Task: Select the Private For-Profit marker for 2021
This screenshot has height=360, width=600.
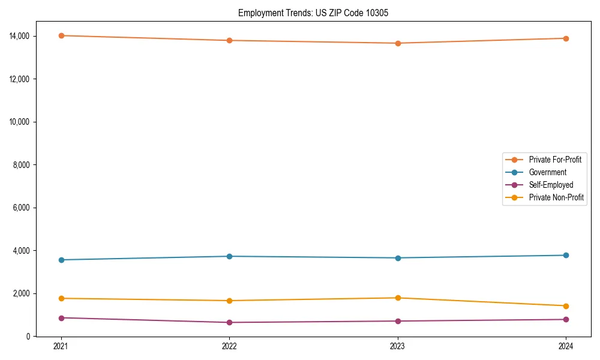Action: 61,35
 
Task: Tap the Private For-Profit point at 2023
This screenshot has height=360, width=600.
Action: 397,43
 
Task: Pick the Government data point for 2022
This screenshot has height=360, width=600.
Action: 229,256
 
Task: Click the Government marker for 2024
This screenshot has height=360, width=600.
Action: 566,256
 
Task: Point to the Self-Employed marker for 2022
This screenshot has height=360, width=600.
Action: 229,322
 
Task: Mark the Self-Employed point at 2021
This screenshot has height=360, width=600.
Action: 61,318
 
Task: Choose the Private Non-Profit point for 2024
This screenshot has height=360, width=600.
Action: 566,306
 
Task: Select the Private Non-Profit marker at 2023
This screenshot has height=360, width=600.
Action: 397,298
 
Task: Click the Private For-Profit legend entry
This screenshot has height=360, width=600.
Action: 555,160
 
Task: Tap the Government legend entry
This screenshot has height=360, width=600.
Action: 547,172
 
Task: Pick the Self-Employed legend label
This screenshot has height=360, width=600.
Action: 551,185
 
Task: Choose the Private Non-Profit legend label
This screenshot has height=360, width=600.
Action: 556,197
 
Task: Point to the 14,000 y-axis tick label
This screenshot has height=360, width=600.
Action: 20,36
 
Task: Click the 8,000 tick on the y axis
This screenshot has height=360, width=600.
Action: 22,164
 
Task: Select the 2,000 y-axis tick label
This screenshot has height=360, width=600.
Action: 22,293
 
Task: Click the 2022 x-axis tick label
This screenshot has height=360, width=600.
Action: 229,346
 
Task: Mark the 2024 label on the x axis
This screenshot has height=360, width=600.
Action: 566,346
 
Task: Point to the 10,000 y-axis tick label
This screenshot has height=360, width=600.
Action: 20,122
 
